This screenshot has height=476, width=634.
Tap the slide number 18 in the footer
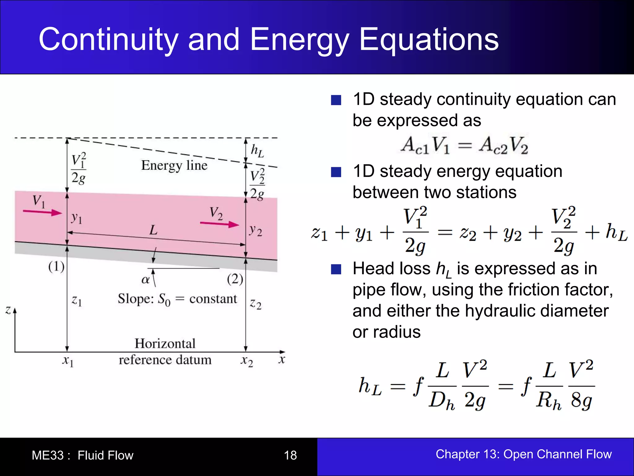point(290,455)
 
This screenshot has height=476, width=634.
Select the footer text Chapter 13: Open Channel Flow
point(523,454)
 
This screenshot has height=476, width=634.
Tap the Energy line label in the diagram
point(174,165)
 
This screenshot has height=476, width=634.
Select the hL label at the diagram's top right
point(257,151)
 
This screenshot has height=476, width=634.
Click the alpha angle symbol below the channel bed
point(145,280)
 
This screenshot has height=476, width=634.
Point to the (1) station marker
point(56,267)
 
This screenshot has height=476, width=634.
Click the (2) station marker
point(235,279)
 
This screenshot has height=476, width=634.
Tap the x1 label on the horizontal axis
point(68,361)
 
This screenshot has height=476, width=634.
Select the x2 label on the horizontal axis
point(247,361)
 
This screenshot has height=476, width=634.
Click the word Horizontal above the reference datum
point(165,343)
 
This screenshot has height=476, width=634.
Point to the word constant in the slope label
point(213,299)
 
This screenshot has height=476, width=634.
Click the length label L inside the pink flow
point(153,230)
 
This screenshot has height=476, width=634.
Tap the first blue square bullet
point(336,100)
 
